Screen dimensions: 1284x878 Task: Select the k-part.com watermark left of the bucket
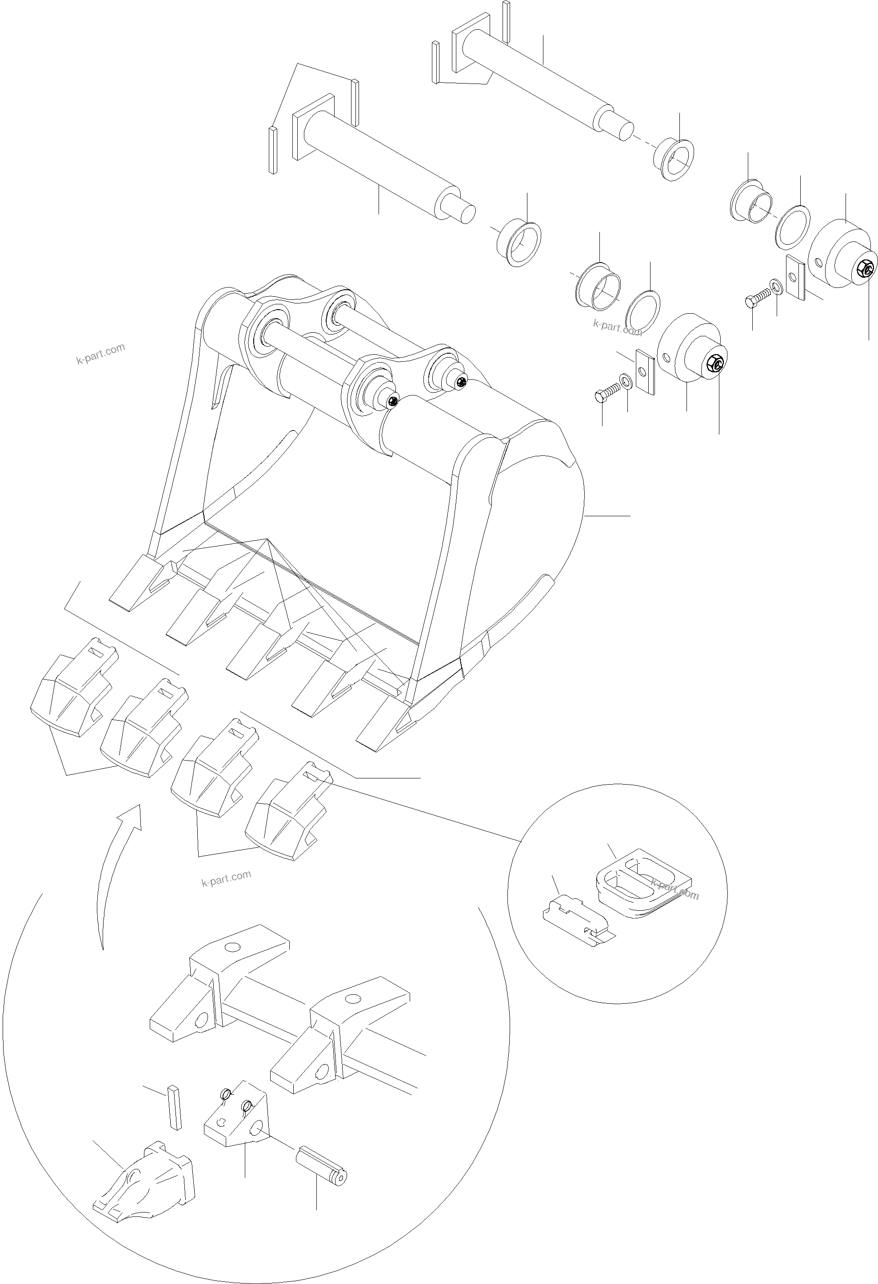pyautogui.click(x=100, y=354)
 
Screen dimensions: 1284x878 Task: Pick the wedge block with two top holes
pyautogui.click(x=236, y=1113)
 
